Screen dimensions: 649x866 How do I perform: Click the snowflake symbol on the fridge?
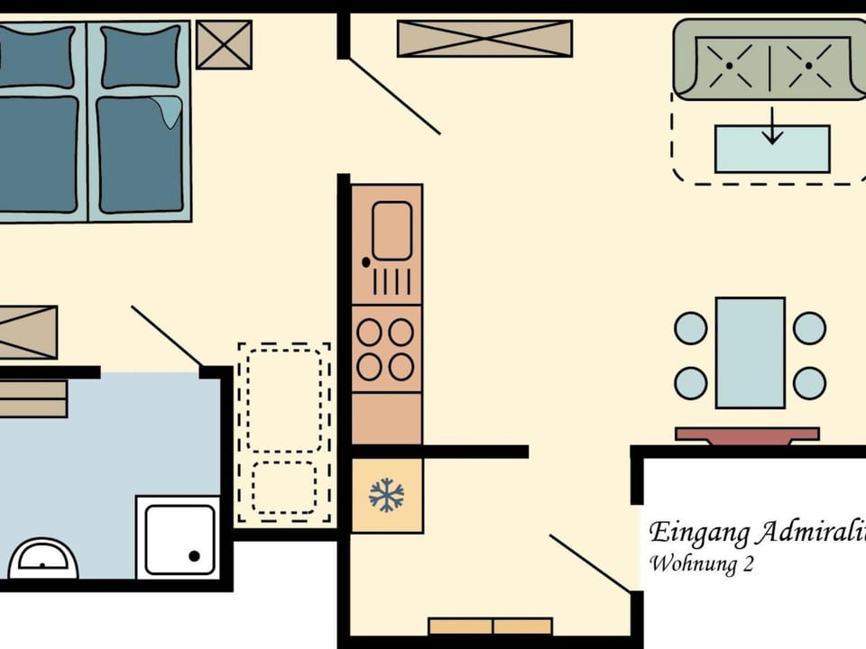point(386,495)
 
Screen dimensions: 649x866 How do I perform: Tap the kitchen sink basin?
point(392,231)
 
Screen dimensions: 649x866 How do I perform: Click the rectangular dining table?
point(751,352)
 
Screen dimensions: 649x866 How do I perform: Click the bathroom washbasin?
point(43,559)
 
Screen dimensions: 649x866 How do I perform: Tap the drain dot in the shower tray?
point(194,556)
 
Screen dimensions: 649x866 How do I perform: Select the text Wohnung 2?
point(701,565)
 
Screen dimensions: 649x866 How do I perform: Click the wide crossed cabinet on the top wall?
point(484,39)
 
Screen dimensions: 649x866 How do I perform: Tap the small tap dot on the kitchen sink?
point(365,263)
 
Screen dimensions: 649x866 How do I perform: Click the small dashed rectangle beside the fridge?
point(283,488)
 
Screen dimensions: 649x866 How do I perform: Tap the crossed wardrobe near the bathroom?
point(27,332)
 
